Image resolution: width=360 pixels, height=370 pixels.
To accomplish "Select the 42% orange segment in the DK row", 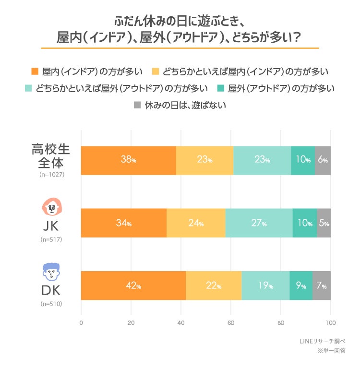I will pos(133,286).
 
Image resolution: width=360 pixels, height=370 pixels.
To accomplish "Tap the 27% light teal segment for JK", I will pos(259,223).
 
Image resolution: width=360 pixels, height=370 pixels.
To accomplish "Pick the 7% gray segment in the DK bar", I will pos(322,286).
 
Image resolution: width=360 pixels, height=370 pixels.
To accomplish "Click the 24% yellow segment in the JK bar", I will pos(196,223).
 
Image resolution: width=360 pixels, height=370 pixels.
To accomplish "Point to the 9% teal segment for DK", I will pos(301,286).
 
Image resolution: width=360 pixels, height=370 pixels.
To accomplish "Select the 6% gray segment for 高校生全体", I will pos(323,160).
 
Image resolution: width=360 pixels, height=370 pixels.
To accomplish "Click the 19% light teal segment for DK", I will pos(265,286).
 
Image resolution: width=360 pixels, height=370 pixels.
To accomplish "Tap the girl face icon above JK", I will pos(52,207).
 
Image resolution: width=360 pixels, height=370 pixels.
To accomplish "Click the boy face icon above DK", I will pos(52,271).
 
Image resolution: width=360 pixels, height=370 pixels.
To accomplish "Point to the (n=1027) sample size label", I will pos(52,175).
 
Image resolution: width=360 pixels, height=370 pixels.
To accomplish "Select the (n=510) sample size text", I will pos(52,303).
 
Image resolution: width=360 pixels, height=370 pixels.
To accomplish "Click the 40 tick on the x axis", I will pos(181,322).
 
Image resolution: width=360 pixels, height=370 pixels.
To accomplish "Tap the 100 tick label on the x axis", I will pos(330,322).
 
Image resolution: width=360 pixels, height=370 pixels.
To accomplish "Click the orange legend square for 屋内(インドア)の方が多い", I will pos(35,72).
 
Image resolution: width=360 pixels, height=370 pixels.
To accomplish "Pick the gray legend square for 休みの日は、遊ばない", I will pos(137,104).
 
